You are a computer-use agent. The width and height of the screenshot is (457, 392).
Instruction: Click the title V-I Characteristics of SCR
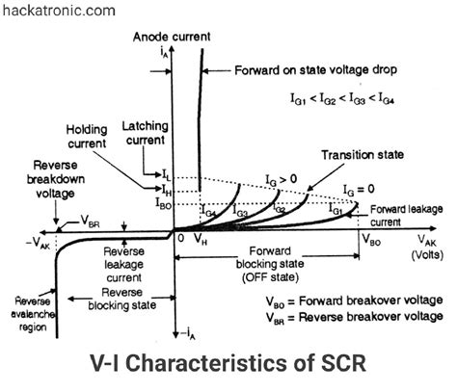tap(228, 367)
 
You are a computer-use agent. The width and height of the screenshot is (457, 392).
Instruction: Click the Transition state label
tap(363, 154)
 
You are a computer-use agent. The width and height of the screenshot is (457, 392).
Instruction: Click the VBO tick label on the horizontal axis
tap(371, 242)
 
